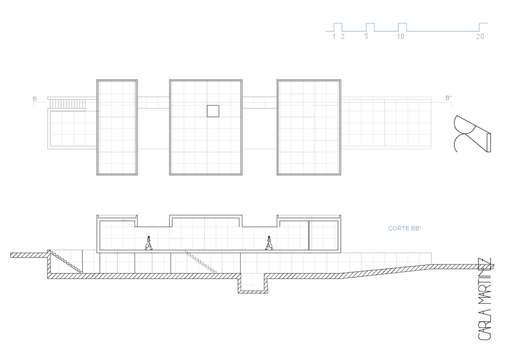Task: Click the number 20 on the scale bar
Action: pyautogui.click(x=480, y=36)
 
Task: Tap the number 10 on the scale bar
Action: pyautogui.click(x=400, y=36)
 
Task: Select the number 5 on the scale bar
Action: pyautogui.click(x=366, y=36)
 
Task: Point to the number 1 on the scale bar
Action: pyautogui.click(x=334, y=36)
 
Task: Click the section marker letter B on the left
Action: pyautogui.click(x=34, y=98)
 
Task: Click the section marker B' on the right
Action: pyautogui.click(x=448, y=98)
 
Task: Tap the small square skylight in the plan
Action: pyautogui.click(x=212, y=110)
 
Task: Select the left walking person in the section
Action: pyautogui.click(x=149, y=242)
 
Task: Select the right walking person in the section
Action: pyautogui.click(x=270, y=242)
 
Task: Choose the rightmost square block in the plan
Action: pyautogui.click(x=309, y=127)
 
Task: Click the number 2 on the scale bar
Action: pyautogui.click(x=343, y=36)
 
